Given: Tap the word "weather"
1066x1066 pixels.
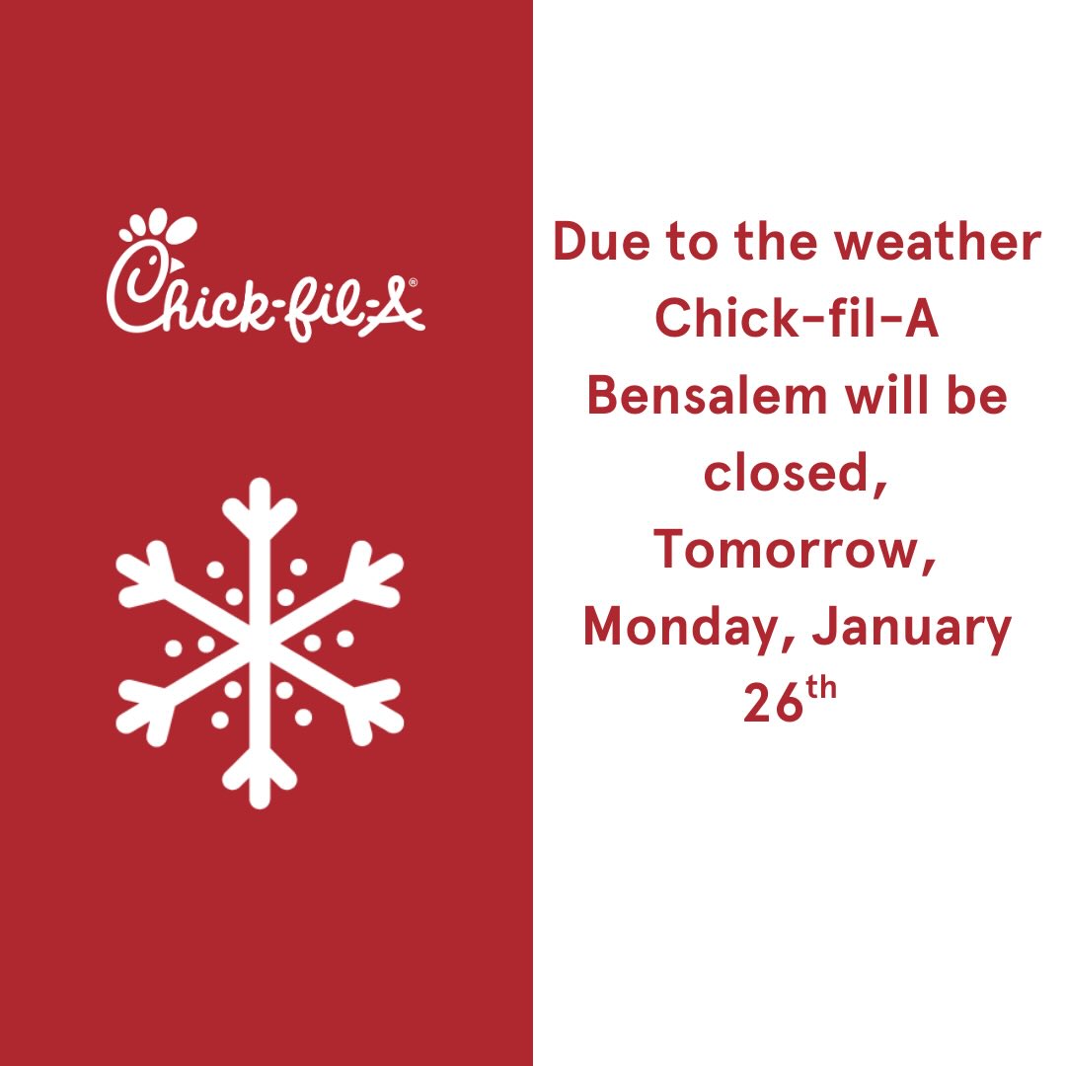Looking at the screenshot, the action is [x=938, y=242].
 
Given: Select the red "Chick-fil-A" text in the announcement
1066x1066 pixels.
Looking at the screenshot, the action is [x=797, y=318].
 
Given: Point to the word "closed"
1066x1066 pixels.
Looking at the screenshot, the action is [x=788, y=472].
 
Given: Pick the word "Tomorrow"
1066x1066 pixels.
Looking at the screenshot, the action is [x=786, y=549].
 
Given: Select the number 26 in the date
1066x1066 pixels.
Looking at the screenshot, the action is [x=773, y=703].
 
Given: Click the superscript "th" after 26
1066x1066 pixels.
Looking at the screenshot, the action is [x=820, y=688].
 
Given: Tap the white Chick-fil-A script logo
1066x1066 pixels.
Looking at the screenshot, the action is [x=266, y=275].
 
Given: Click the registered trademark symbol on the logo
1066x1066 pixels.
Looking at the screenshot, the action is [x=413, y=282].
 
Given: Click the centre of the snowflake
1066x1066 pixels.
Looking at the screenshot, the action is [x=259, y=644].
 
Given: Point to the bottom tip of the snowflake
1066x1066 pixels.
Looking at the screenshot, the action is [x=259, y=806].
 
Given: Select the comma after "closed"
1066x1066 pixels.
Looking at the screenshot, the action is [x=878, y=486].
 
